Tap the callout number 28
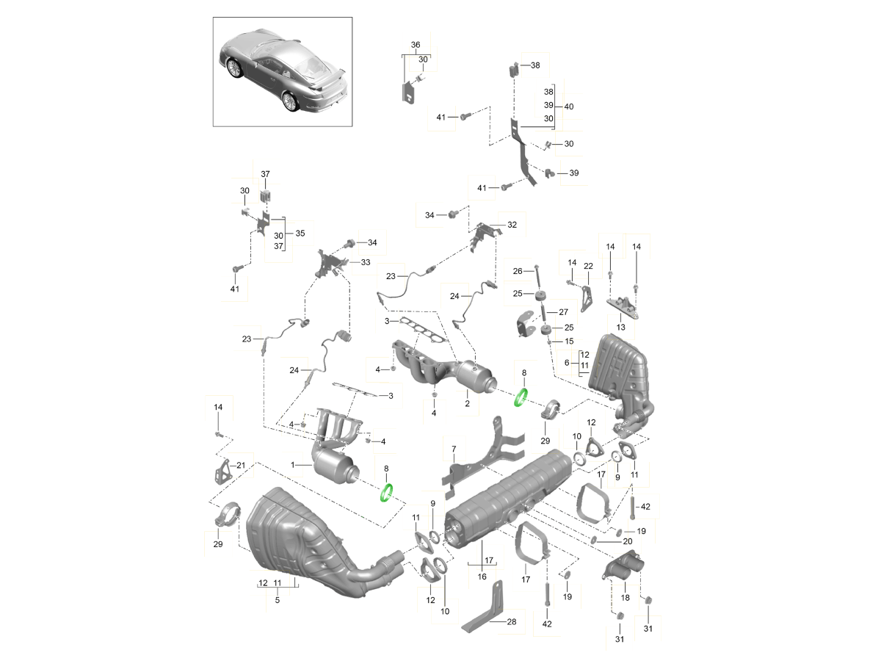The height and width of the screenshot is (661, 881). click(x=511, y=621)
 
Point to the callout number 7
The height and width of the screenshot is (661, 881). click(x=454, y=448)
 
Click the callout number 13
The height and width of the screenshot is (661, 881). click(x=620, y=326)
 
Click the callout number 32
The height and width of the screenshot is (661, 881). click(x=512, y=225)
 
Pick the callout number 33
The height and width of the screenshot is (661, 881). click(x=366, y=262)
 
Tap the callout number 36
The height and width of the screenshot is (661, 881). click(x=416, y=45)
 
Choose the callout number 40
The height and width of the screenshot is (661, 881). click(x=569, y=106)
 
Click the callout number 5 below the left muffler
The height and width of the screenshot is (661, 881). click(x=278, y=600)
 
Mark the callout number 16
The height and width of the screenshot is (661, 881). click(x=482, y=577)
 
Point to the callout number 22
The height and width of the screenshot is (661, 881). click(x=588, y=265)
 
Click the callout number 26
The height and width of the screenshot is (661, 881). click(x=518, y=271)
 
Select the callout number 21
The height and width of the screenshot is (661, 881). click(x=241, y=465)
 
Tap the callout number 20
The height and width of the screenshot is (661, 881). click(x=627, y=541)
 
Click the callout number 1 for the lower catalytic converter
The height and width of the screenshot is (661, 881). click(x=293, y=465)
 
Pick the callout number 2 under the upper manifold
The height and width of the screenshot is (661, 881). click(x=467, y=403)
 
